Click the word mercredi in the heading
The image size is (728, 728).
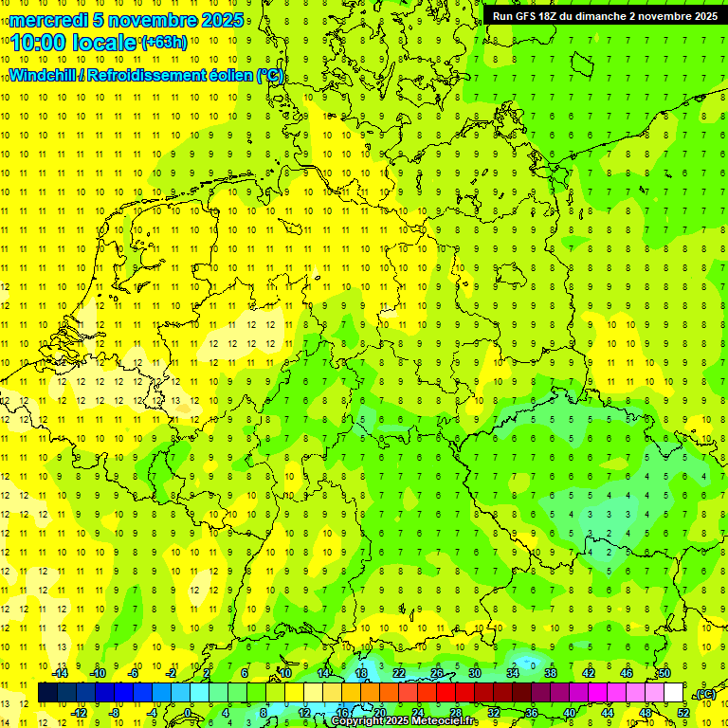(x=49, y=20)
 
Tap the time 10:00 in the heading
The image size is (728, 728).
(x=39, y=42)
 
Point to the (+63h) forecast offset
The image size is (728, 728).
(x=164, y=42)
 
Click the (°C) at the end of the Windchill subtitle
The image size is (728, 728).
(x=270, y=76)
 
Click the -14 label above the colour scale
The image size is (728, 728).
(x=60, y=673)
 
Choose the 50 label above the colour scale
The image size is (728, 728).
(x=664, y=673)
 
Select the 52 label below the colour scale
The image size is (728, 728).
(x=683, y=712)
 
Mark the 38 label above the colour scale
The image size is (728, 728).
(x=550, y=673)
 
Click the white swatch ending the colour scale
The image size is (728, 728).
(x=673, y=693)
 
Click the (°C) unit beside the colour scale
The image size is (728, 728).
(x=704, y=694)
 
